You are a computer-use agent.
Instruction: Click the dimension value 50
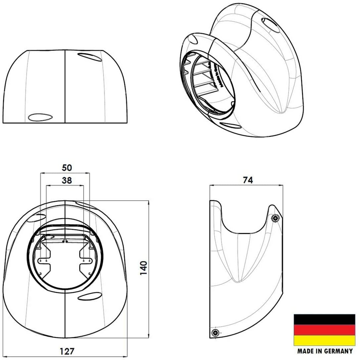pos(67,167)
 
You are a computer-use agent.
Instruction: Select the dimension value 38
pos(67,180)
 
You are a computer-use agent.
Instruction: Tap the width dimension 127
pos(66,351)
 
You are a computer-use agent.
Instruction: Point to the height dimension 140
pos(156,270)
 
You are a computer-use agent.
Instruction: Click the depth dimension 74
pos(247,180)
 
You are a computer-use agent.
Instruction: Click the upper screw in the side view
pos(275,218)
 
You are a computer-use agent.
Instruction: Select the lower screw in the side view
pos(215,333)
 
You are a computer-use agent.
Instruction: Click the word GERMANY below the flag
pos(337,351)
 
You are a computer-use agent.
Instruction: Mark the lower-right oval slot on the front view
pos(92,297)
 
